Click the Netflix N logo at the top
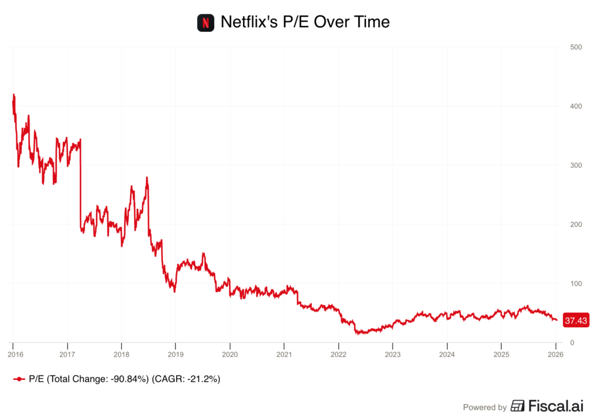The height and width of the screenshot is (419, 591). point(205,23)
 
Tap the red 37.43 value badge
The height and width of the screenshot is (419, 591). point(575,320)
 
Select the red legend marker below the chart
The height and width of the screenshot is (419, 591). point(19,379)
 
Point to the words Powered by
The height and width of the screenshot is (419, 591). point(485,407)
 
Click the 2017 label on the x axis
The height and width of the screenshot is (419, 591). point(68,354)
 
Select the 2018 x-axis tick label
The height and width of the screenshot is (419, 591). point(121,354)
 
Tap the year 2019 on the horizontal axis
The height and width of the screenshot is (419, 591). point(175,354)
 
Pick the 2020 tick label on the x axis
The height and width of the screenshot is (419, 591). point(230,354)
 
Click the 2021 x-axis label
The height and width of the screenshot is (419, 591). point(284,354)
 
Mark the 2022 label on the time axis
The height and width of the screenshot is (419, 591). point(338,354)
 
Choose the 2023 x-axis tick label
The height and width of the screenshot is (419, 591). point(392,354)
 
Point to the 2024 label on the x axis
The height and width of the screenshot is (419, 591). point(447,354)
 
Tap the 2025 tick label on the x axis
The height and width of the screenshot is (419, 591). point(501,354)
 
